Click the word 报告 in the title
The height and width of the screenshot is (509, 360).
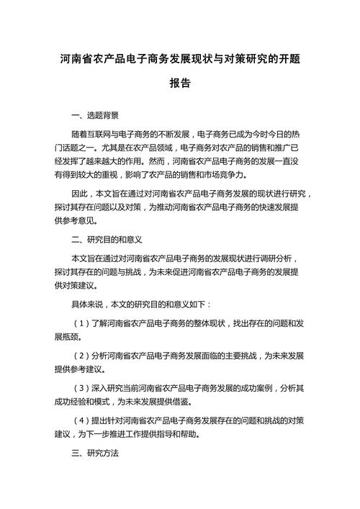point(180,84)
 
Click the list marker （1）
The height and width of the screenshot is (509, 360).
point(81,323)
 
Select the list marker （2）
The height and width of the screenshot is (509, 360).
point(81,356)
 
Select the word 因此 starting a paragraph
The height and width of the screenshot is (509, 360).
point(81,194)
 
